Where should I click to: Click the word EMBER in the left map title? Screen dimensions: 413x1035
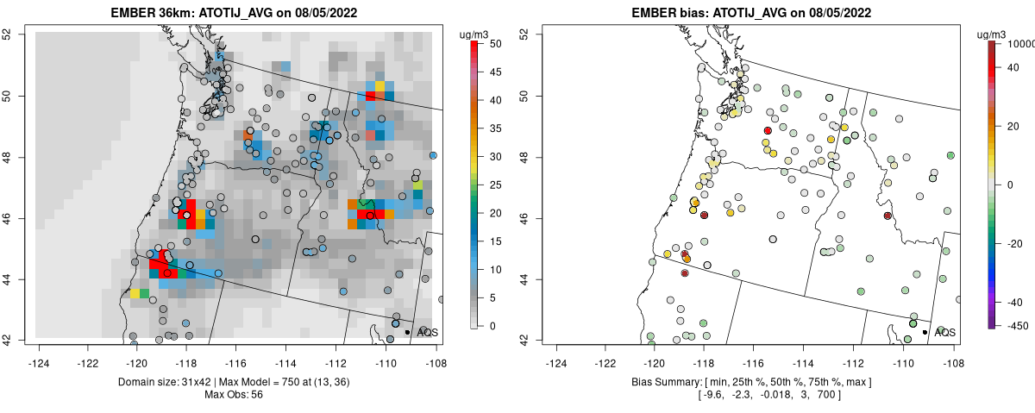133,12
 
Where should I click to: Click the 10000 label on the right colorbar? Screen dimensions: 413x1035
1021,43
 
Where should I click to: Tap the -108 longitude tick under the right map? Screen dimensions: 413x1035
953,352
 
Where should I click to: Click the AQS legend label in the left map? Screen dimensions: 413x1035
427,332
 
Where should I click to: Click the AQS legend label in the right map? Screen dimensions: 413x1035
944,332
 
